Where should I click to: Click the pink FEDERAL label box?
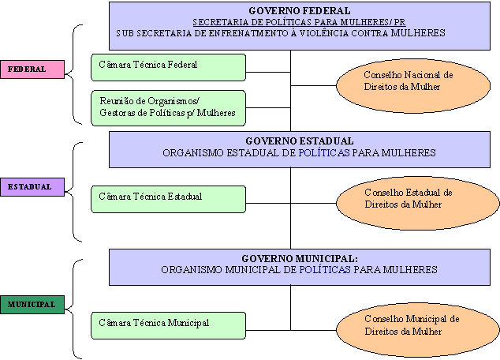click(32, 69)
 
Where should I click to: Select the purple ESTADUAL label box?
click(32, 187)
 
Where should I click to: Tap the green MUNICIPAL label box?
click(32, 304)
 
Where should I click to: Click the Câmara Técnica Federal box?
click(168, 64)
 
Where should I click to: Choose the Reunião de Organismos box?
click(168, 107)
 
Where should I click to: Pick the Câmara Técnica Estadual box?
click(168, 196)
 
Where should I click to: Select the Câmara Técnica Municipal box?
click(168, 324)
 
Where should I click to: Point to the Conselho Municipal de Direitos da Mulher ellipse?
click(408, 325)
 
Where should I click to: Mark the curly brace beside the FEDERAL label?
click(74, 73)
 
